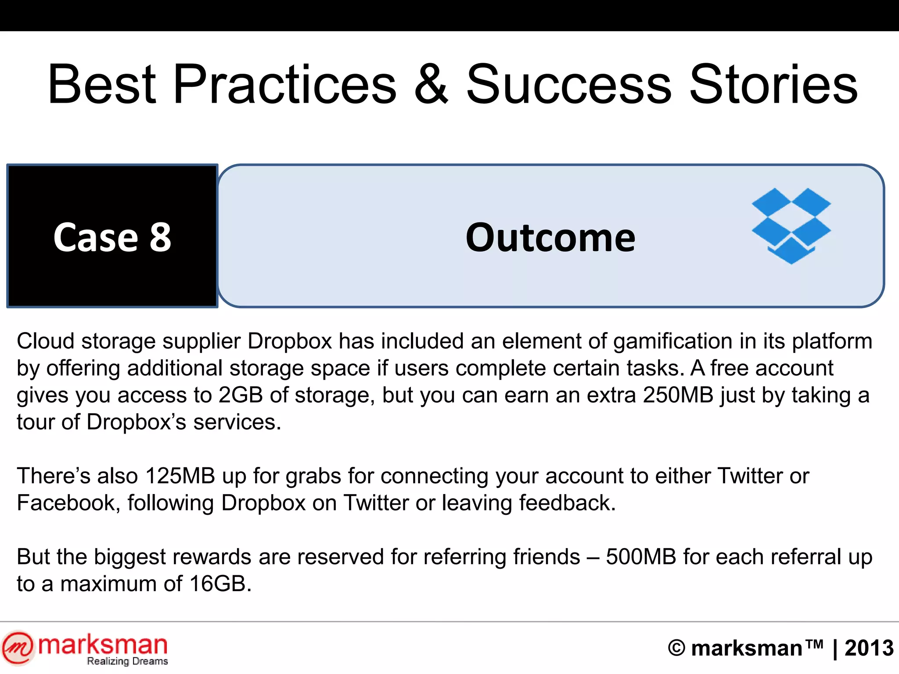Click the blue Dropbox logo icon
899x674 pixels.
791,226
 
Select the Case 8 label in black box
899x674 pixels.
112,237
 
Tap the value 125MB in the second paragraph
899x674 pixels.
180,476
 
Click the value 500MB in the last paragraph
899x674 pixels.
641,557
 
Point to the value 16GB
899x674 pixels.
218,584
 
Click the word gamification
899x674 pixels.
672,341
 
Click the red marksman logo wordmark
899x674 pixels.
103,645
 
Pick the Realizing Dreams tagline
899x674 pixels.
127,661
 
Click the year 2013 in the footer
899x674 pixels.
869,648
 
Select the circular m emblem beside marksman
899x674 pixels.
18,647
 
